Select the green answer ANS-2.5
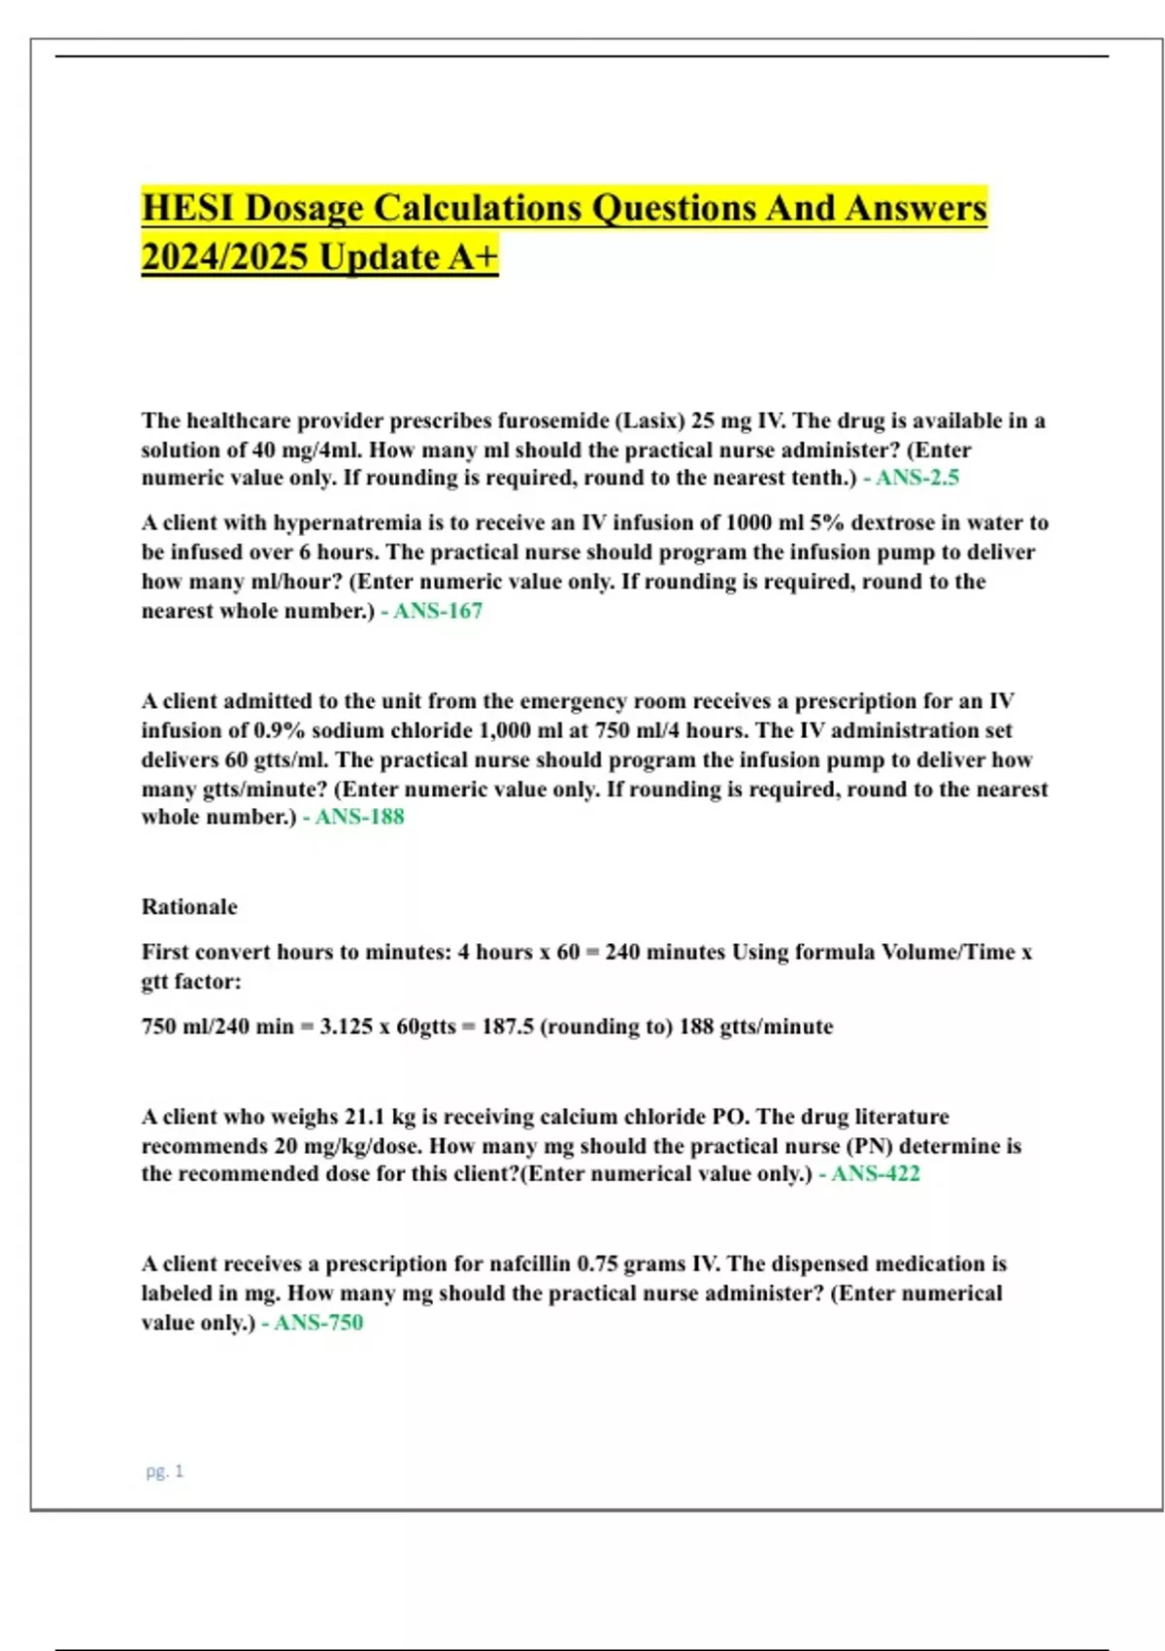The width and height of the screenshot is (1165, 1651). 916,478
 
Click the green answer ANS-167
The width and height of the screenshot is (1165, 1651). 437,611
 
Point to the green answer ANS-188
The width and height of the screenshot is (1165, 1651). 359,817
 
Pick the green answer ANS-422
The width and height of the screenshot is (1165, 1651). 875,1174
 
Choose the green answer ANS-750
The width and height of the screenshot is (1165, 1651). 317,1323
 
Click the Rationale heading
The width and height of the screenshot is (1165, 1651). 189,907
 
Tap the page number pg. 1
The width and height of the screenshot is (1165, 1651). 164,1471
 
